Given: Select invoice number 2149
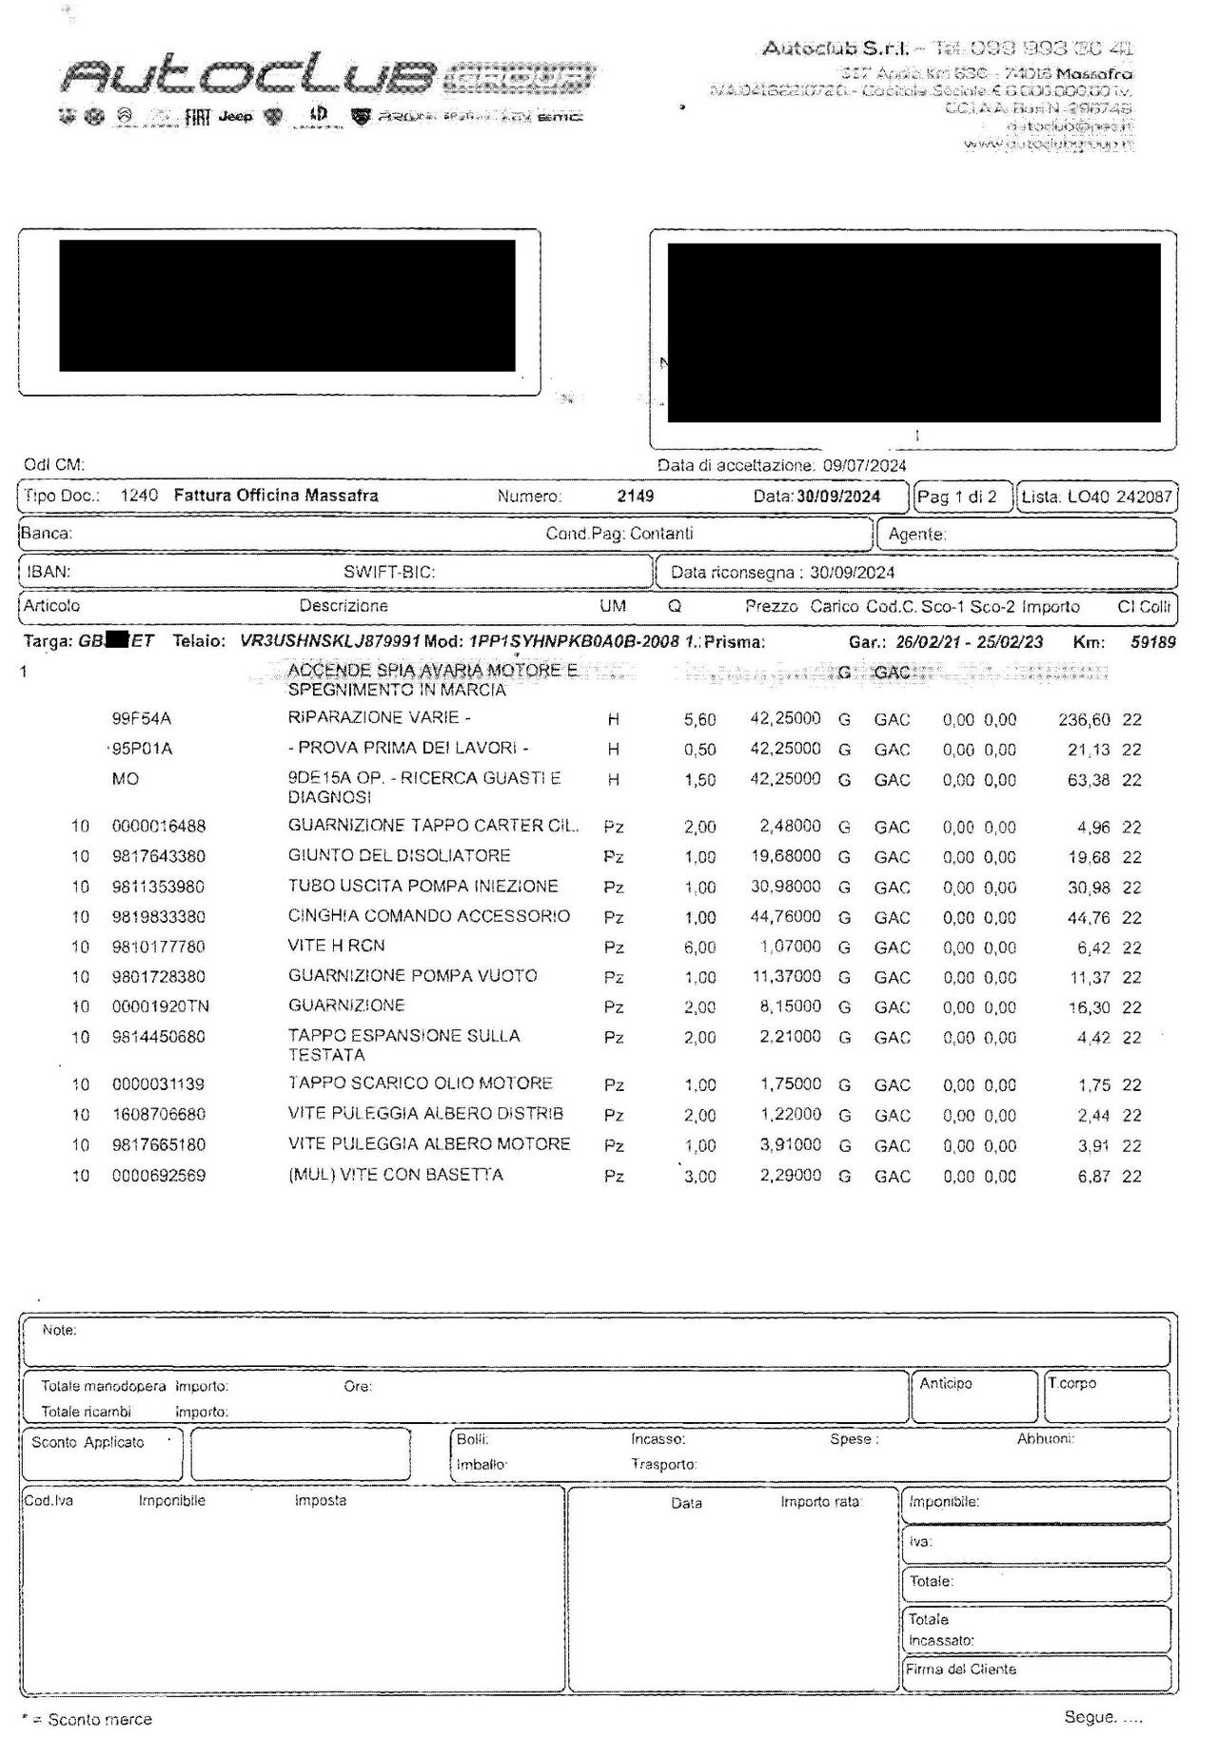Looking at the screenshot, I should point(635,496).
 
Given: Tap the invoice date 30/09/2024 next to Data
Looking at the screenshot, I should point(838,496).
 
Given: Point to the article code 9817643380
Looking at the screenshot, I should point(158,856).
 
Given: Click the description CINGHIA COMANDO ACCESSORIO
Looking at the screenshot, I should point(428,916).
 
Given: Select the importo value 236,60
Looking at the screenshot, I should point(1084,720).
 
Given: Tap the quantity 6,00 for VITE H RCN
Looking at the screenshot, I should point(699,947).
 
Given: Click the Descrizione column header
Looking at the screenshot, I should point(344,606).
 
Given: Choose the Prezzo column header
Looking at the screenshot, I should point(771,606).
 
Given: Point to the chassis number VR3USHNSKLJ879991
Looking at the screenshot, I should point(330,642).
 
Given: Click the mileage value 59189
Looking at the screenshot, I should point(1152,642).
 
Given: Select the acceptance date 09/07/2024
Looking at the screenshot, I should point(864,465).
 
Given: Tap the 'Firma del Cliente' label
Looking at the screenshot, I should point(960,1669).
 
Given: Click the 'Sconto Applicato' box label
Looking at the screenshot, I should point(88,1442).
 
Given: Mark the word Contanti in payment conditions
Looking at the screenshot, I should point(661,534).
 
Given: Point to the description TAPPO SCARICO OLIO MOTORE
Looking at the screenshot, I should point(420,1083).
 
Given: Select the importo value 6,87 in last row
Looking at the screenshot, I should point(1093,1176).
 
